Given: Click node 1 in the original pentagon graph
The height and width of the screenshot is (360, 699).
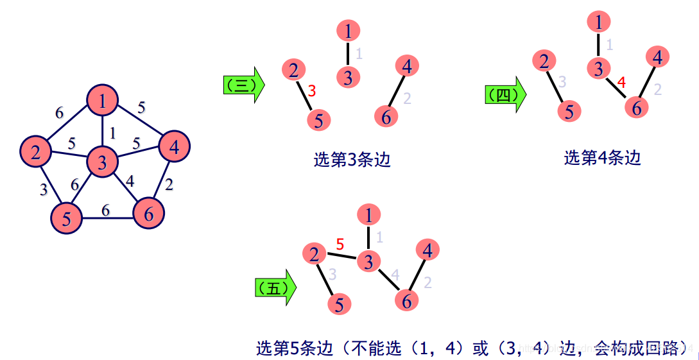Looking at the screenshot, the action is tap(103, 100).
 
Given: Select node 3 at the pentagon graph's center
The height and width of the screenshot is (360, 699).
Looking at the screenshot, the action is tap(102, 162).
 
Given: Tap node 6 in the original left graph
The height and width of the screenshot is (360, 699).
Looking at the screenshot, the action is tap(149, 214).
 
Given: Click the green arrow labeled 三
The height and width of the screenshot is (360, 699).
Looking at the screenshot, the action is tap(243, 84).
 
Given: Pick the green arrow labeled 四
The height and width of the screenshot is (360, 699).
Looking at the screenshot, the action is tap(505, 95).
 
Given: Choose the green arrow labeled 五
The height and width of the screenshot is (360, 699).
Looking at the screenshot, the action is tap(276, 287).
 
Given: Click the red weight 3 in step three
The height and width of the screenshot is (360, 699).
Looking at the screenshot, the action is tap(312, 91).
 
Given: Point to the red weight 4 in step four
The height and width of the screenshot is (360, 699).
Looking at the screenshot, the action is tap(621, 82).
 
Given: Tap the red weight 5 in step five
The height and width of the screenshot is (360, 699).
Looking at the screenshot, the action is tap(340, 244).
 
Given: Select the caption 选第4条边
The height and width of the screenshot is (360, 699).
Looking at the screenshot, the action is tap(603, 157).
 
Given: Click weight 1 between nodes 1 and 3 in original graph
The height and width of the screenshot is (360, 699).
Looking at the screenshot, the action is tap(113, 133).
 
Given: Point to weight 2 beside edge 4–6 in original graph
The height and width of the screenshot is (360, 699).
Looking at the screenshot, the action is tap(168, 185).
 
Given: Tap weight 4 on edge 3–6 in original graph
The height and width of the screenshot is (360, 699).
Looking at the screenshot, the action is tap(130, 181).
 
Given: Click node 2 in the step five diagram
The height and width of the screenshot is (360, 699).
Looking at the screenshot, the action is tap(315, 254).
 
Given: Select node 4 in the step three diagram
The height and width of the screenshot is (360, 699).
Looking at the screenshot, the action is tap(407, 65).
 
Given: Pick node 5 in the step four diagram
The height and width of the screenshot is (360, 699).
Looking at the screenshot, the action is tap(569, 112).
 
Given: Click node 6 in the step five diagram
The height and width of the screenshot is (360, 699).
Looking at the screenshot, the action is tap(406, 300).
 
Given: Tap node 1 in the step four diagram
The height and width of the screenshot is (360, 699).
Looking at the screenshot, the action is tap(599, 23).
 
